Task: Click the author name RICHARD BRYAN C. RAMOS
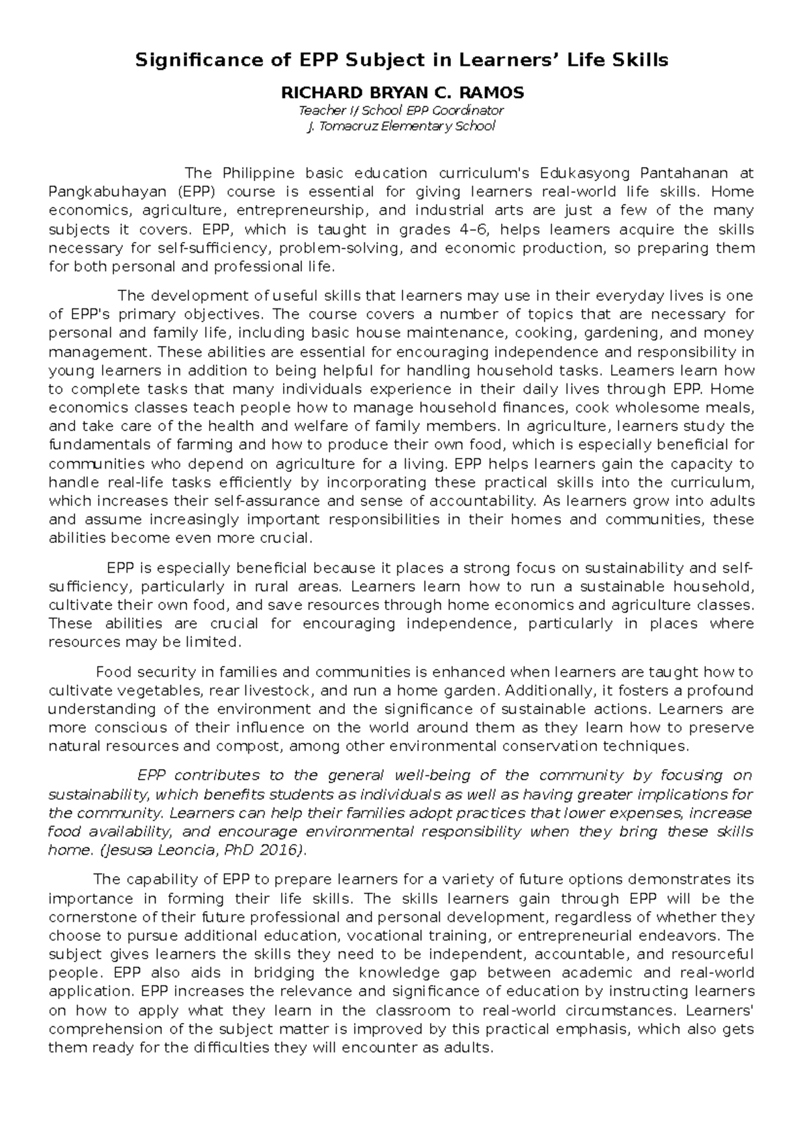click(402, 93)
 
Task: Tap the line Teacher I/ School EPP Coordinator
click(402, 110)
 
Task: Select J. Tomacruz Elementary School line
click(401, 126)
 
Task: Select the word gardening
click(621, 333)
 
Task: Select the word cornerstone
click(91, 916)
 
